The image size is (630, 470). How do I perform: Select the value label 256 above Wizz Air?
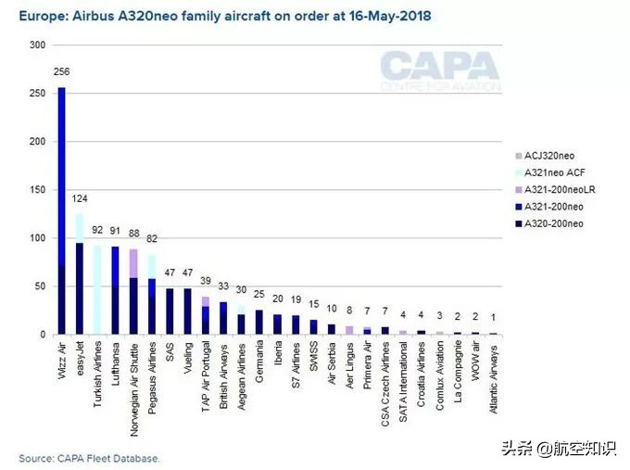(x=62, y=71)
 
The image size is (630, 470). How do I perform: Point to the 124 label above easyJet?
(x=80, y=199)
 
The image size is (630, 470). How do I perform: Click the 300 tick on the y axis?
(x=36, y=45)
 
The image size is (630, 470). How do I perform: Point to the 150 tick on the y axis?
(x=36, y=190)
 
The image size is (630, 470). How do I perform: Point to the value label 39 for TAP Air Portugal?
(x=205, y=281)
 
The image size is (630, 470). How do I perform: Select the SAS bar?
(x=170, y=311)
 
